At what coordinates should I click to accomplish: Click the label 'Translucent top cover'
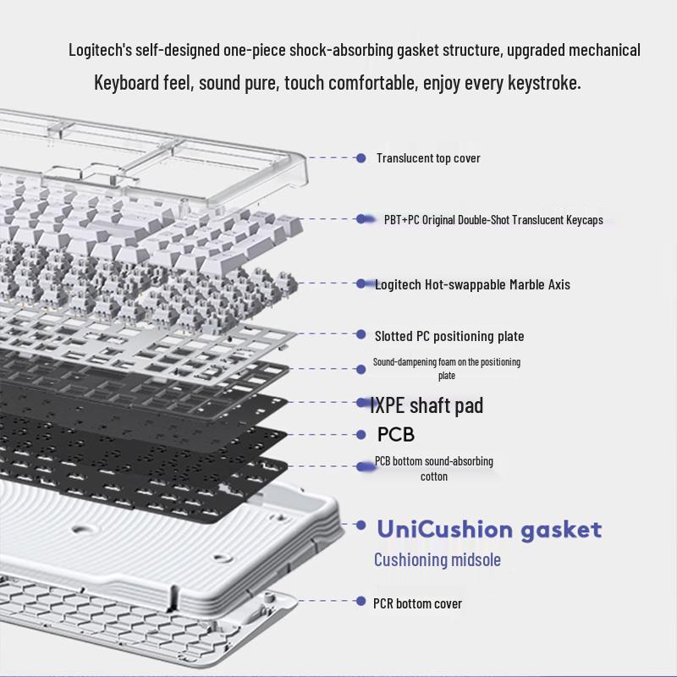[428, 158]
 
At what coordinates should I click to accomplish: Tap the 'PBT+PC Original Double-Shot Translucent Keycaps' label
[493, 220]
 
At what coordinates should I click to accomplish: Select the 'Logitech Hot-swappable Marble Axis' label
[472, 284]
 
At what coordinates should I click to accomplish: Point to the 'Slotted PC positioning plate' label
[449, 336]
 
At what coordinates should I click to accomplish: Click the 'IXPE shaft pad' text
[427, 405]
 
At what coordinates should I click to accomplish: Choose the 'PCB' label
[396, 434]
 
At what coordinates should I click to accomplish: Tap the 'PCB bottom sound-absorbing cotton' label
[434, 469]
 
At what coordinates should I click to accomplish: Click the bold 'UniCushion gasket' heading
[490, 530]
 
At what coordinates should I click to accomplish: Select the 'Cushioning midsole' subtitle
[438, 559]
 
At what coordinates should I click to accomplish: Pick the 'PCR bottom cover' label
[417, 603]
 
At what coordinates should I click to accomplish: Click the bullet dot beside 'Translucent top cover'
[361, 158]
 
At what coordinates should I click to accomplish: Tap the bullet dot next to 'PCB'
[361, 435]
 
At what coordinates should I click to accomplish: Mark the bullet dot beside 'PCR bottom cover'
[361, 601]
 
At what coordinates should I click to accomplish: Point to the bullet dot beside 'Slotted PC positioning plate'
[361, 334]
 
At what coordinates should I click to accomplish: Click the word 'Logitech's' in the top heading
[100, 50]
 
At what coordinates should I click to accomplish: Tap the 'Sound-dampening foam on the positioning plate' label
[447, 368]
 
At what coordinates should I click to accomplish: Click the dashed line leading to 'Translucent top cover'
[331, 158]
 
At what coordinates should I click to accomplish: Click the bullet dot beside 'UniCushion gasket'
[361, 525]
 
